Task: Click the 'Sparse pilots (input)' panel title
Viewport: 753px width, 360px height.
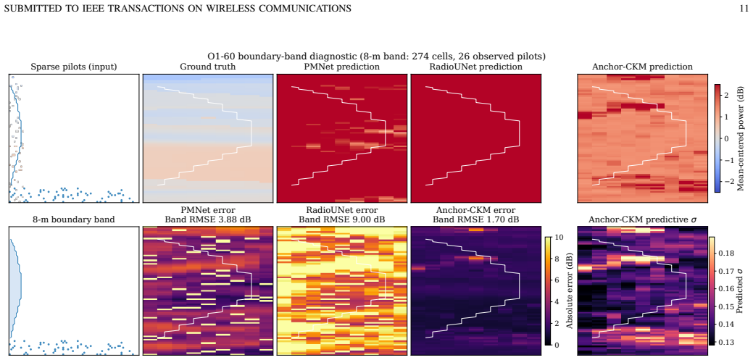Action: coord(74,67)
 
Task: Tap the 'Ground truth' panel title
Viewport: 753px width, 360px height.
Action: coord(208,67)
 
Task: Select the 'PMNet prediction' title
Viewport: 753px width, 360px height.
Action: coord(342,67)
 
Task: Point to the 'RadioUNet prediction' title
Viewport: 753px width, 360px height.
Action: coord(476,67)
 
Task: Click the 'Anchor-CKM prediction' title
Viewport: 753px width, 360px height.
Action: coord(641,67)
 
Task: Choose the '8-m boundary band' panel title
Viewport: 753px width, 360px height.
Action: coord(74,220)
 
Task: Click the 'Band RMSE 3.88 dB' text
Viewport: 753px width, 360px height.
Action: coord(208,220)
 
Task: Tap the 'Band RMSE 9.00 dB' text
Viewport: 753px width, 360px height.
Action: coord(342,220)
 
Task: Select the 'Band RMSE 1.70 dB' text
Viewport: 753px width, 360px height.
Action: coord(476,220)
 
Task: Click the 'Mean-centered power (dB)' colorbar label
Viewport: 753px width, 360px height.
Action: coord(741,138)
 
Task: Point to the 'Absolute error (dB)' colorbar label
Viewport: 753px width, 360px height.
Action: coord(570,291)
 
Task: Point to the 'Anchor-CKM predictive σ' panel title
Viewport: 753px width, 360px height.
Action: coord(641,220)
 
